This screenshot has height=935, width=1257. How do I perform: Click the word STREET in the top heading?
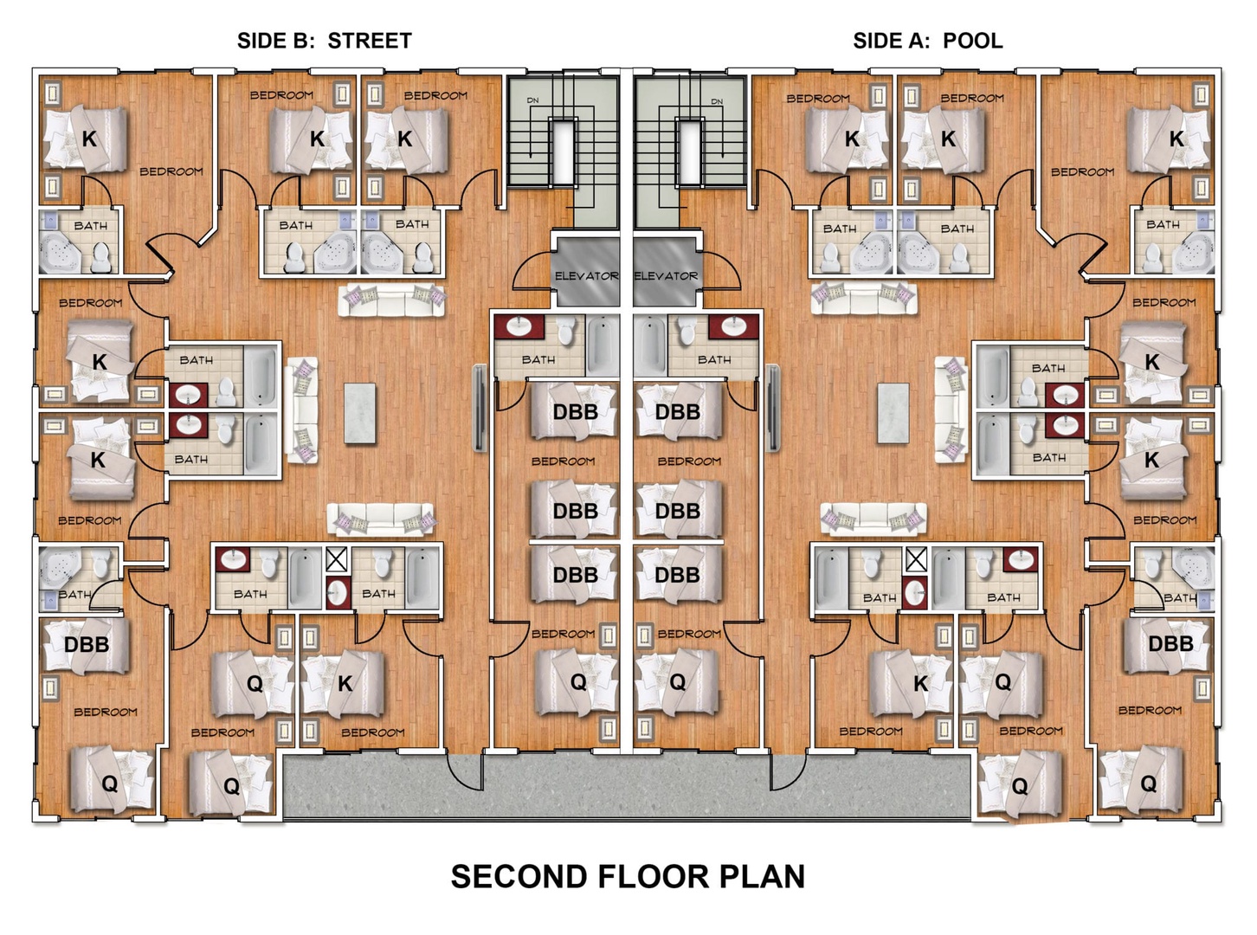(370, 41)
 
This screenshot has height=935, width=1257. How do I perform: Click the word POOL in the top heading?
(972, 41)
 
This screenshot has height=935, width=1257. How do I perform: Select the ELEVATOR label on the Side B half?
(587, 276)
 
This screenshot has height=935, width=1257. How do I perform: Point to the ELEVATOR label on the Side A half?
(666, 276)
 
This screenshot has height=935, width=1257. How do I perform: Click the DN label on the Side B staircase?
(532, 100)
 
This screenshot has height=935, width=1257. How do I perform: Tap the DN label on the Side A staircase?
(717, 101)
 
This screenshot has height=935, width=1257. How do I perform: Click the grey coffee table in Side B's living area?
(360, 414)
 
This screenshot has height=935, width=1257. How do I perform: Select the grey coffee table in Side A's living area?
(893, 414)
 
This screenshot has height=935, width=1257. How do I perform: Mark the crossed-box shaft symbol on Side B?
(336, 559)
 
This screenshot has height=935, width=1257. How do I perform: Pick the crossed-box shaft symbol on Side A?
(916, 559)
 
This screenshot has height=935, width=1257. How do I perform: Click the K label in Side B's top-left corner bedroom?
(89, 139)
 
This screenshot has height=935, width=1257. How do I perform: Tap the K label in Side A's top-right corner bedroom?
(1176, 139)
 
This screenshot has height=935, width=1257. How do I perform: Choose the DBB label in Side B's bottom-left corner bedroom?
(87, 644)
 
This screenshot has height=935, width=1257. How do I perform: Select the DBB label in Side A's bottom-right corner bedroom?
(1170, 643)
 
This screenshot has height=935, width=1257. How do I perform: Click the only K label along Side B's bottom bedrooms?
(345, 685)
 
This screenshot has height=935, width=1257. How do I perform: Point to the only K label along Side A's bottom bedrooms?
(920, 685)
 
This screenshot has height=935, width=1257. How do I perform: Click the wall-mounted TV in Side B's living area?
(480, 409)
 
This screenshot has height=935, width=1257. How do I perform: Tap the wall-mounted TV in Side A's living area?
(773, 409)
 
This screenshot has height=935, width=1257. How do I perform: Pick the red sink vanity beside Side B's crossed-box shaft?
(338, 593)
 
